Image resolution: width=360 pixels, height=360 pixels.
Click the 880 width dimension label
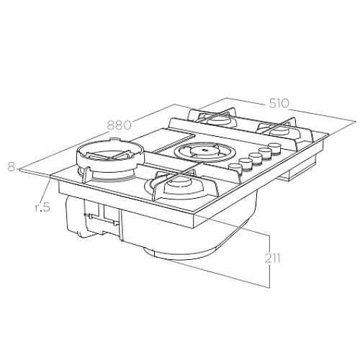tap(120, 125)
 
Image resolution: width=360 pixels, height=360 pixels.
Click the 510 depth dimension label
tap(279, 104)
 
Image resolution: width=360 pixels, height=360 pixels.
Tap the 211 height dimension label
tap(273, 258)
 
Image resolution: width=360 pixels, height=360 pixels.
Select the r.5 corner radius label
tap(42, 207)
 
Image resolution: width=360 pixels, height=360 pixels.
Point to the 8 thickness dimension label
tap(11, 167)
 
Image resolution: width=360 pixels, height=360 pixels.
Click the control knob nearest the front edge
tap(233, 166)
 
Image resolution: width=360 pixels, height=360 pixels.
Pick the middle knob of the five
tap(255, 156)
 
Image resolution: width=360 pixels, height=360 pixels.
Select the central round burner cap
tap(203, 150)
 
